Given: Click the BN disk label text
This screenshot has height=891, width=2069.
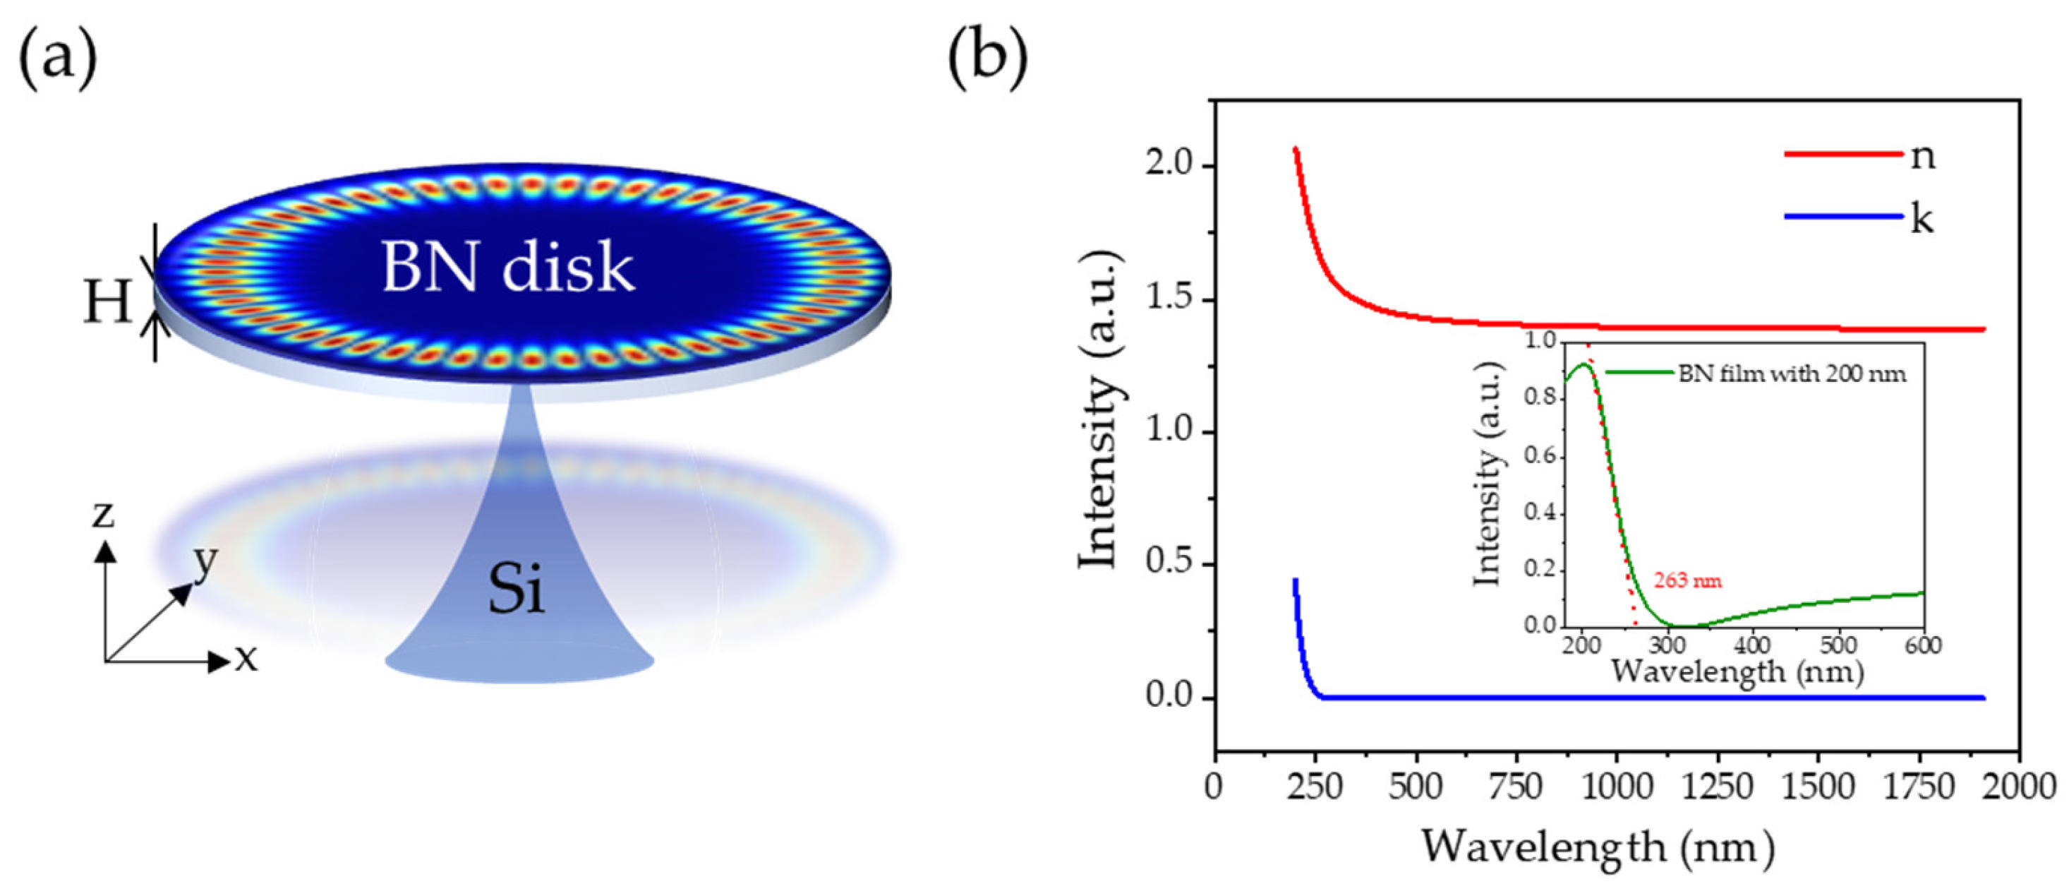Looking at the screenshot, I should tap(507, 268).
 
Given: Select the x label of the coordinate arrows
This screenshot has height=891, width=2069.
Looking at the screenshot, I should tap(246, 659).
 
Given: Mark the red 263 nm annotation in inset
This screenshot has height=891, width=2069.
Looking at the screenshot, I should tap(1687, 580).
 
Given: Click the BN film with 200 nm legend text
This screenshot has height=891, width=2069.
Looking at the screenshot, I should tap(1792, 373).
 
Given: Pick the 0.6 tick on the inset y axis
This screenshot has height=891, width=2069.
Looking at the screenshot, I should tap(1540, 458).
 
